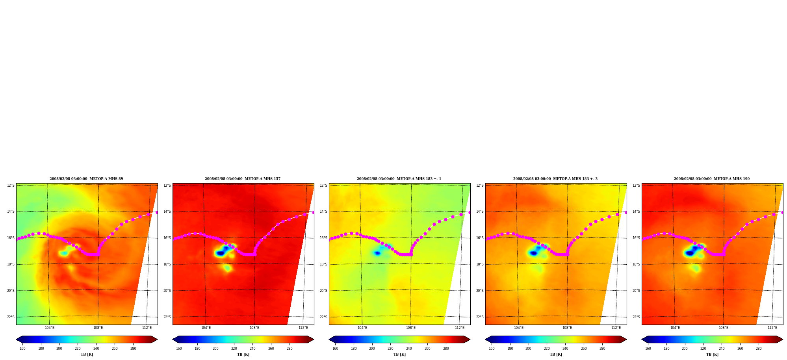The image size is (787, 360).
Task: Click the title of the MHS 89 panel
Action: pyautogui.click(x=86, y=179)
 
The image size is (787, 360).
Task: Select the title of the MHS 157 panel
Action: pyautogui.click(x=243, y=179)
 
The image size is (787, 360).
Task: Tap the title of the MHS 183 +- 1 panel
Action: pyautogui.click(x=399, y=179)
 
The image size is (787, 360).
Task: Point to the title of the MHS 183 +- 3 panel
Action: pyautogui.click(x=555, y=179)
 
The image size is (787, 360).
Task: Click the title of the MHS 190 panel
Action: pyautogui.click(x=712, y=179)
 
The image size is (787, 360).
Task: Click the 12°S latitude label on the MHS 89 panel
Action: pyautogui.click(x=11, y=186)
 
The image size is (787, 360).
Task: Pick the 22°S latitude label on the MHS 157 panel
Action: pyautogui.click(x=167, y=317)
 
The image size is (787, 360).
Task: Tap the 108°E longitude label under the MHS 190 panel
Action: pyautogui.click(x=724, y=328)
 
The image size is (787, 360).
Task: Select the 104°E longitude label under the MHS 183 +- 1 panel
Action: pyautogui.click(x=362, y=328)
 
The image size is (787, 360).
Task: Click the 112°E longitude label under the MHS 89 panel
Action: pyautogui.click(x=147, y=328)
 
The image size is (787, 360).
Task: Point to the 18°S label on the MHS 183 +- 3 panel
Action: pyautogui.click(x=480, y=264)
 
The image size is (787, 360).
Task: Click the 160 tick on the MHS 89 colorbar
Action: pyautogui.click(x=22, y=349)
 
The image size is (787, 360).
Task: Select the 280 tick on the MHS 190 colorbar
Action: pyautogui.click(x=759, y=349)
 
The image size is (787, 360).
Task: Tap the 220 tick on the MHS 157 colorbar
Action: pyautogui.click(x=234, y=349)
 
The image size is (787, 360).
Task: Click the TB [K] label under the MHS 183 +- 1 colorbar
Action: pyautogui.click(x=399, y=354)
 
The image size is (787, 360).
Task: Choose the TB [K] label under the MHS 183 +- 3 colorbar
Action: pyautogui.click(x=556, y=354)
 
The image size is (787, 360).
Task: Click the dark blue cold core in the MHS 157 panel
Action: pyautogui.click(x=220, y=253)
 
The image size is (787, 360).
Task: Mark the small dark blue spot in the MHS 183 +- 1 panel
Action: pyautogui.click(x=377, y=253)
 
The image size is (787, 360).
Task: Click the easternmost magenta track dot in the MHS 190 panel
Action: pyautogui.click(x=782, y=212)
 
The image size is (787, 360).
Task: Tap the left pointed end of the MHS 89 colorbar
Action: pyautogui.click(x=17, y=340)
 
